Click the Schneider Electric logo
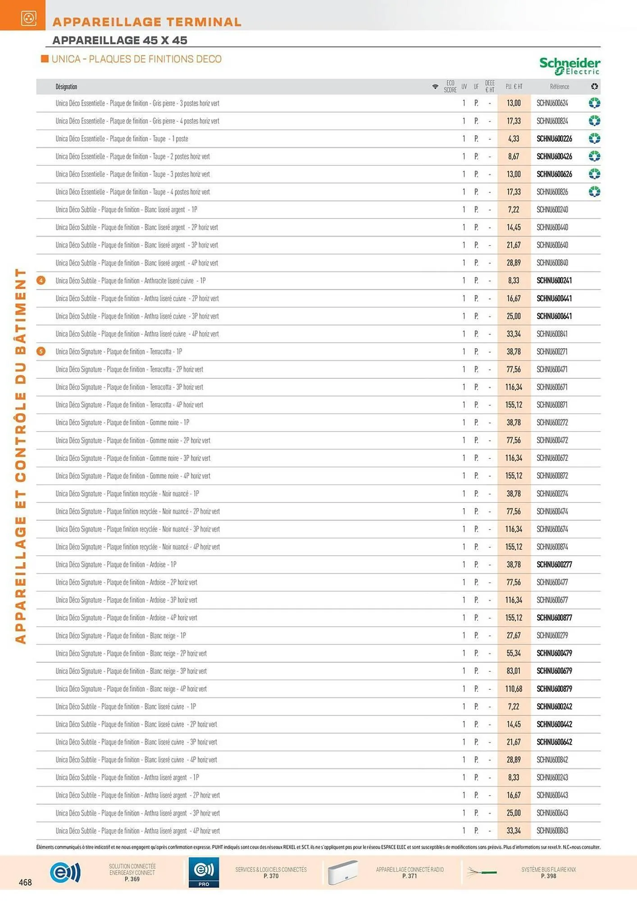click(569, 66)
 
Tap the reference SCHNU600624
click(552, 103)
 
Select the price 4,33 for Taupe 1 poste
click(514, 139)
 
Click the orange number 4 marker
click(41, 281)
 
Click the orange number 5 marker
click(41, 351)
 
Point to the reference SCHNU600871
click(552, 405)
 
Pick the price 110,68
click(514, 689)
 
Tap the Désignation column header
click(66, 86)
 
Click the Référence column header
click(559, 86)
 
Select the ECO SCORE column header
click(450, 86)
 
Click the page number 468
click(25, 882)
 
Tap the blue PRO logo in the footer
click(204, 872)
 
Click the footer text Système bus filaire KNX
click(548, 873)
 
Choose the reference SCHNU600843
click(552, 831)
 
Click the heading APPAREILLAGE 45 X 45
click(120, 40)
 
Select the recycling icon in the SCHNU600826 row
click(594, 192)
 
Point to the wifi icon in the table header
click(435, 86)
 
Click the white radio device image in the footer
click(343, 872)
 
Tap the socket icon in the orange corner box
click(29, 18)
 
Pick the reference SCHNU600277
click(554, 564)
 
